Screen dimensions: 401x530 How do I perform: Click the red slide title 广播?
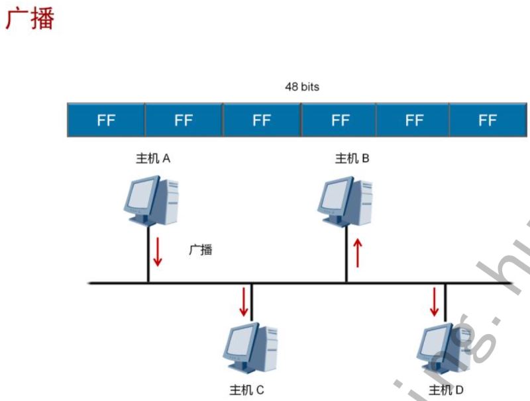(29, 19)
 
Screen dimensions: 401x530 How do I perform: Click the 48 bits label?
(301, 87)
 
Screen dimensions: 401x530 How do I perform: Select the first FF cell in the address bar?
(106, 120)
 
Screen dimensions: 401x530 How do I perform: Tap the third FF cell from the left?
(262, 120)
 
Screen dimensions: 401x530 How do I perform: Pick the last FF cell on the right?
(487, 120)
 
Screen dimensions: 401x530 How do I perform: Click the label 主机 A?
(154, 159)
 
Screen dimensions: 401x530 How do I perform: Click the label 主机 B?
(352, 159)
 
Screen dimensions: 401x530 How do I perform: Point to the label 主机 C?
(246, 390)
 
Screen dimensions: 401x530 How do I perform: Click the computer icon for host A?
(151, 199)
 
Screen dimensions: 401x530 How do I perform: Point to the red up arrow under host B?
(358, 253)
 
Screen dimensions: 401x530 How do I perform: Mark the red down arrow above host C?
(244, 301)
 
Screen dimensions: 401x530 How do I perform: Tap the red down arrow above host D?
(435, 301)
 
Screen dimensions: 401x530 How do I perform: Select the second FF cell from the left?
(184, 120)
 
